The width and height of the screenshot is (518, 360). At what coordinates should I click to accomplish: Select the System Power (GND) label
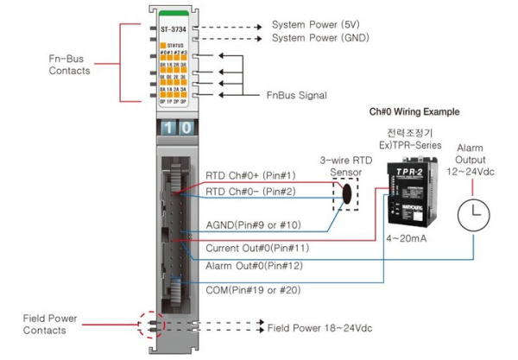tap(319, 39)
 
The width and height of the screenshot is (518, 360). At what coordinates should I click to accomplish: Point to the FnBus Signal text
tap(295, 94)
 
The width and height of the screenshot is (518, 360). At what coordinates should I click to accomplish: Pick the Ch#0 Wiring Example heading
tap(414, 112)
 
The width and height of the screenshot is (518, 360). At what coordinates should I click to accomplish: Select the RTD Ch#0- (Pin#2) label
tap(250, 192)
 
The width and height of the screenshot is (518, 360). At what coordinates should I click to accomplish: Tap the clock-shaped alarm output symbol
tap(473, 214)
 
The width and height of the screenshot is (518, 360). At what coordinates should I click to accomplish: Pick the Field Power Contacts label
tap(52, 325)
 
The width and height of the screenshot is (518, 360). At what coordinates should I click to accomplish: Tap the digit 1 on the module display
tap(168, 128)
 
